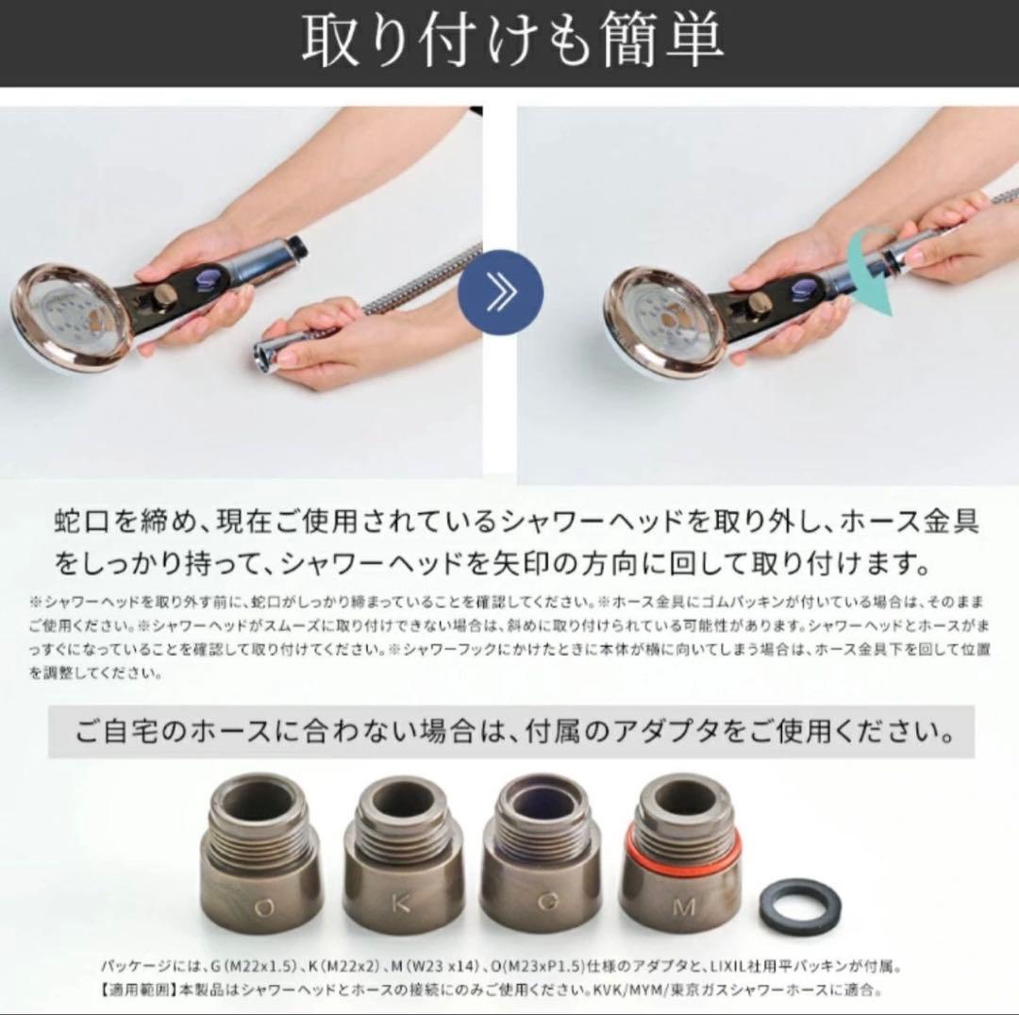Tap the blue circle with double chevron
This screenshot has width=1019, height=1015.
tap(500, 291)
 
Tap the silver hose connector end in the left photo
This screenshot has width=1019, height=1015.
tap(274, 354)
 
